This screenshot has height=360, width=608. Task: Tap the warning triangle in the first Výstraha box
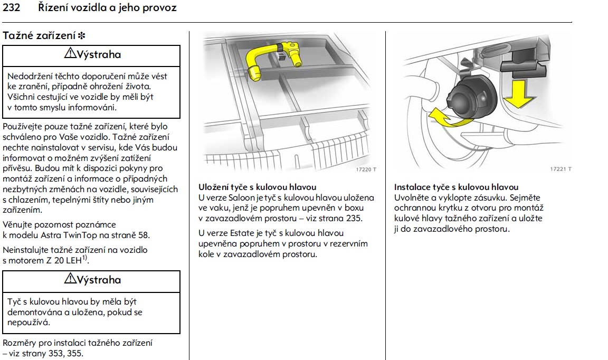tap(70, 54)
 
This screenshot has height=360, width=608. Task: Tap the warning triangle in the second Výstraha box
tap(70, 280)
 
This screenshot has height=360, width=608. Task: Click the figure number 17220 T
tap(366, 170)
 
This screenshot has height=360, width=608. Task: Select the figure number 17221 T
tap(561, 169)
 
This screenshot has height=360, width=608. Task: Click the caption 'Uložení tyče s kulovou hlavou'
tap(257, 187)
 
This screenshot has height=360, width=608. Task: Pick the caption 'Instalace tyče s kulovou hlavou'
tap(456, 187)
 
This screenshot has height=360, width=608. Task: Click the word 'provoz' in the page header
tap(159, 8)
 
